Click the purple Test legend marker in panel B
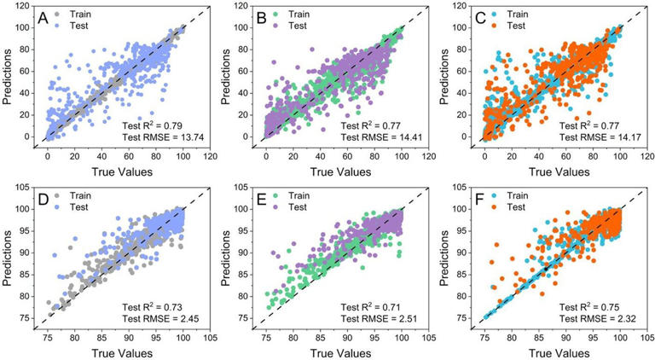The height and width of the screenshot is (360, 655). click(x=277, y=26)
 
